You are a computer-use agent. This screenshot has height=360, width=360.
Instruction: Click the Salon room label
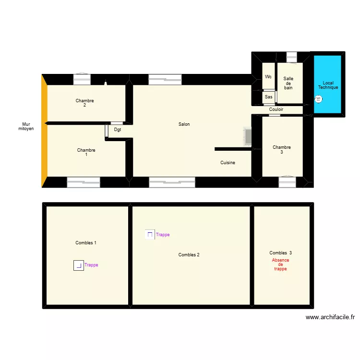[184, 124]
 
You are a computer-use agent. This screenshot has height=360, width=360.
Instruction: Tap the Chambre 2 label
[84, 103]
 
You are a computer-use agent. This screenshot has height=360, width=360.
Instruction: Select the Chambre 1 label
[86, 152]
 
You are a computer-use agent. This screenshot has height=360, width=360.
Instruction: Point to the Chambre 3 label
[281, 149]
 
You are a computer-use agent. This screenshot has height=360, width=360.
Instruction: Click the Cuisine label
[228, 163]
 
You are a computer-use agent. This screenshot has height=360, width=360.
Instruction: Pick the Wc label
[268, 77]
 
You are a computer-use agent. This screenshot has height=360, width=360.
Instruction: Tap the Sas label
[268, 97]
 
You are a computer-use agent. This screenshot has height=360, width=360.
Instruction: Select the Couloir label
[276, 109]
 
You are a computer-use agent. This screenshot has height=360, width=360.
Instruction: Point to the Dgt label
[118, 130]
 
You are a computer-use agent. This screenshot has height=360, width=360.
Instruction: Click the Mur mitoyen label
[26, 126]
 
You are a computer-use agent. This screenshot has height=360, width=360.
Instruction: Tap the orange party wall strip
[44, 130]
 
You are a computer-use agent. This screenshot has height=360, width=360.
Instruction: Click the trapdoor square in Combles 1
[78, 265]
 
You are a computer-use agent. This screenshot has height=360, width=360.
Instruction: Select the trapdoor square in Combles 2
[150, 235]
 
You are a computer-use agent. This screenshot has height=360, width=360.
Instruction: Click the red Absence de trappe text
[280, 264]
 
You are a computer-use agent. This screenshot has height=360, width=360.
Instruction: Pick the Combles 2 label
[189, 255]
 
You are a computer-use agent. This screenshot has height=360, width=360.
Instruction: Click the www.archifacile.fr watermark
[330, 317]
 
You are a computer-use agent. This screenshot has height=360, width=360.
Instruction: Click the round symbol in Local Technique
[318, 99]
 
